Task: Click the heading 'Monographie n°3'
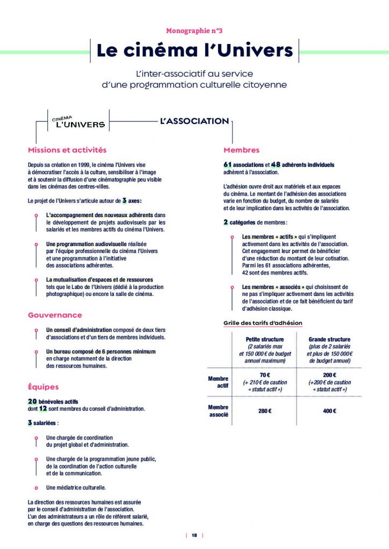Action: point(195,31)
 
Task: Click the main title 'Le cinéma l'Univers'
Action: point(195,51)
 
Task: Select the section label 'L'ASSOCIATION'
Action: point(195,121)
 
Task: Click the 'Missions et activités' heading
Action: point(67,150)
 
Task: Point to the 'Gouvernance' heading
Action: point(55,315)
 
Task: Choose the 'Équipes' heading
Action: point(43,387)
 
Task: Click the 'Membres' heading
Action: point(241,150)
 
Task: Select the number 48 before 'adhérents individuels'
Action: point(276,164)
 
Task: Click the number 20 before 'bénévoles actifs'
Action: point(32,401)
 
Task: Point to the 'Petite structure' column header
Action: point(264,339)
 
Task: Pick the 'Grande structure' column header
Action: point(329,339)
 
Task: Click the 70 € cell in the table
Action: point(264,375)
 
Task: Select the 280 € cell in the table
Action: point(264,411)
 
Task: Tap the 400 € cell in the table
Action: point(329,411)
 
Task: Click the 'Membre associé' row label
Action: point(218,411)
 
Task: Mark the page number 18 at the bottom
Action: point(195,535)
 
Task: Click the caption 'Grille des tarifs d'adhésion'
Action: point(263,323)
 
